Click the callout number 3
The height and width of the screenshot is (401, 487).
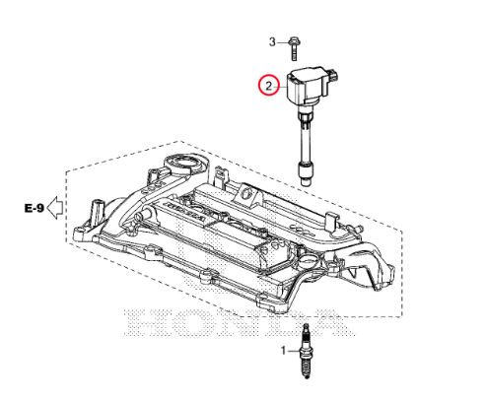pos(272,42)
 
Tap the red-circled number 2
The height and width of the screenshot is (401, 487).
pos(269,86)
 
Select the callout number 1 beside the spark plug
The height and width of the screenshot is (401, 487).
pos(284,351)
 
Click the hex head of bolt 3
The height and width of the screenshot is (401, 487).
pos(294,41)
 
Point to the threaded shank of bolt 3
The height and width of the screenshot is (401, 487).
pos(294,53)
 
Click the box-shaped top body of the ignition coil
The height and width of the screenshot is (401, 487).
pos(308,86)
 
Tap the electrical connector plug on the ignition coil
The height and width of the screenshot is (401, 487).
pos(333,75)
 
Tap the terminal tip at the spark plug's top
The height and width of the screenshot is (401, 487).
pos(306,327)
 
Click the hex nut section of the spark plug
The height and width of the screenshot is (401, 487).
pos(306,354)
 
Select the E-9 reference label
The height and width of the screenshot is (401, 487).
pos(35,208)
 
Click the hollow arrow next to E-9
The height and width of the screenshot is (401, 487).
pos(55,208)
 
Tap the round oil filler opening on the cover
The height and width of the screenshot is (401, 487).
pos(185,164)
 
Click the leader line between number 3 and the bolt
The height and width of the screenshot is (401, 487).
pos(282,42)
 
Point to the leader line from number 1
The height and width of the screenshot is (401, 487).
pos(293,351)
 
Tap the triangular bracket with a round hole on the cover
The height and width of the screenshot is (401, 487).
pos(247,195)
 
